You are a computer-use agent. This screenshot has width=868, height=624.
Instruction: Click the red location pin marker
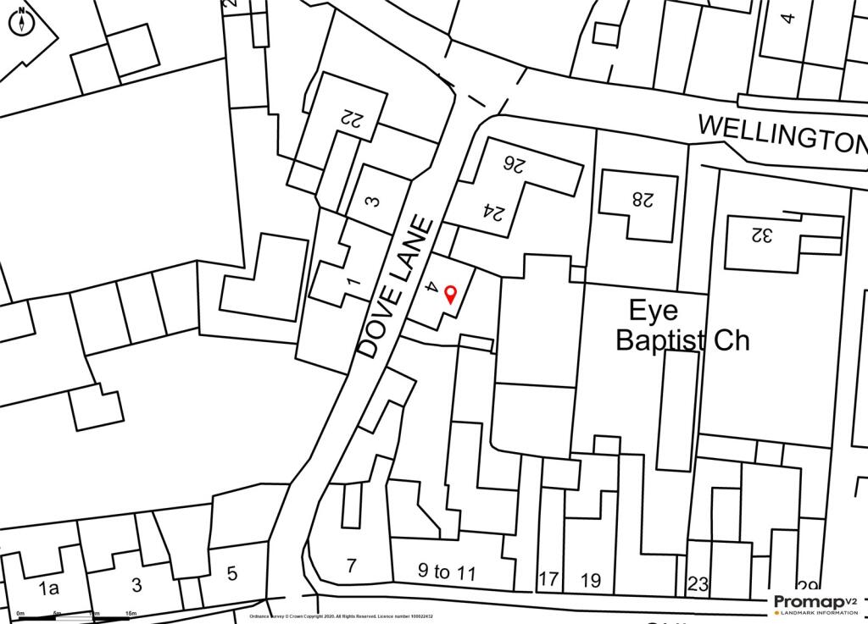(450, 294)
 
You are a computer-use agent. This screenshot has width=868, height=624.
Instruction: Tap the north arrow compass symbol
(21, 21)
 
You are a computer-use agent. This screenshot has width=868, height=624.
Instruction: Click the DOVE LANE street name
(396, 287)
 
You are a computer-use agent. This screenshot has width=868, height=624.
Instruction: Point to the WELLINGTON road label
(782, 134)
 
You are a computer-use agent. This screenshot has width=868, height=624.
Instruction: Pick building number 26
(513, 163)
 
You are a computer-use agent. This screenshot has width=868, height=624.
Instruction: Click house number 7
(353, 566)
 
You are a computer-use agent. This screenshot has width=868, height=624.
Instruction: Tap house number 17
(548, 580)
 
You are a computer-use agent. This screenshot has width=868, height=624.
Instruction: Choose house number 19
(590, 580)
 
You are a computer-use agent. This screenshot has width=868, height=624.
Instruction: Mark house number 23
(698, 583)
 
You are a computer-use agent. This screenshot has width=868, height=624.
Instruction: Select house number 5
(231, 573)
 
